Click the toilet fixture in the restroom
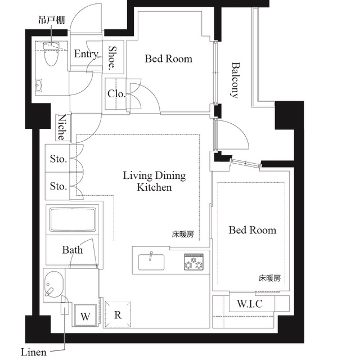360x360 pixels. pyautogui.click(x=52, y=55)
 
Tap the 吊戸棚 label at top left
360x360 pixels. pyautogui.click(x=51, y=20)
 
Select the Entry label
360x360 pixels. pyautogui.click(x=86, y=55)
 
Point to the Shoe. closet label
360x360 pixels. pyautogui.click(x=113, y=58)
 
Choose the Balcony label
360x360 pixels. pyautogui.click(x=235, y=79)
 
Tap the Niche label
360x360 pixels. pyautogui.click(x=63, y=128)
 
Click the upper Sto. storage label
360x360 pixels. pyautogui.click(x=58, y=159)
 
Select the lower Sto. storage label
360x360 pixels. pyautogui.click(x=58, y=186)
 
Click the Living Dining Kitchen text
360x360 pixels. pyautogui.click(x=154, y=182)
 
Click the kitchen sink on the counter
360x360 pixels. pyautogui.click(x=151, y=260)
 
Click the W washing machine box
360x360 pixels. pyautogui.click(x=84, y=316)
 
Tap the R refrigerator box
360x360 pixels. pyautogui.click(x=118, y=315)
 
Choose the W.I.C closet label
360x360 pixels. pyautogui.click(x=249, y=304)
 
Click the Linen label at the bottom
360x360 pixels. pyautogui.click(x=34, y=353)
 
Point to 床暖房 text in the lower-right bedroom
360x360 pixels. pyautogui.click(x=269, y=278)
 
